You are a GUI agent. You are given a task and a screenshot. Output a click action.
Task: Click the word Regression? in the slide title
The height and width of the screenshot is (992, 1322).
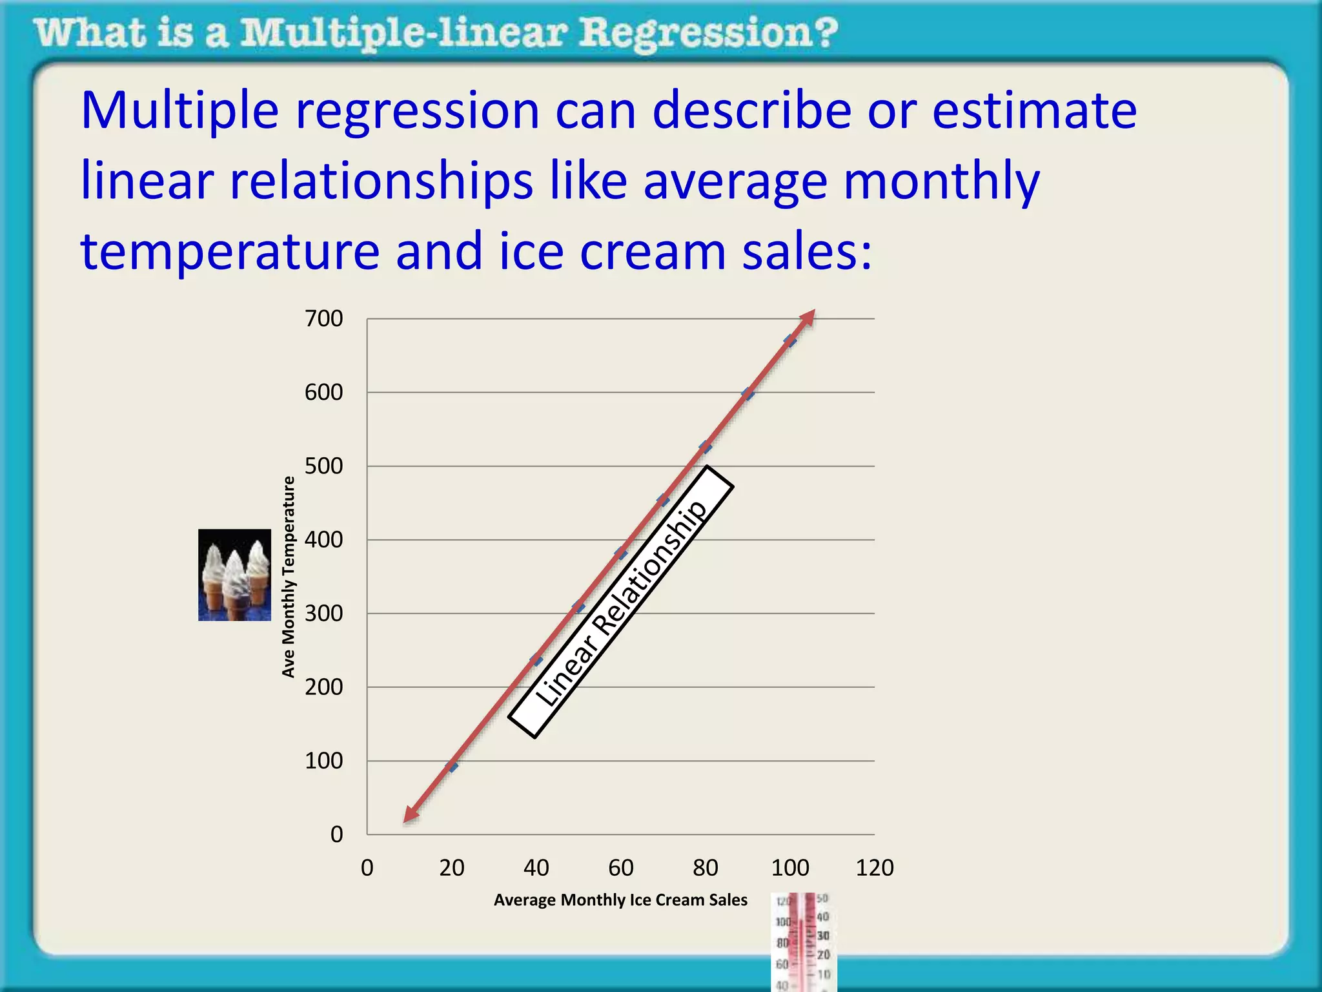pos(707,34)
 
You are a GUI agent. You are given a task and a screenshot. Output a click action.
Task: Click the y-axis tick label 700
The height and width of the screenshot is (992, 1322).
pos(323,318)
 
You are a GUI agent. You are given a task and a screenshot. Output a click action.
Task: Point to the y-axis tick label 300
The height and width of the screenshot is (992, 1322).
pos(323,613)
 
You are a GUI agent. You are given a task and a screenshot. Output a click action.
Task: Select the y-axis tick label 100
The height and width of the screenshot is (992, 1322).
pos(323,761)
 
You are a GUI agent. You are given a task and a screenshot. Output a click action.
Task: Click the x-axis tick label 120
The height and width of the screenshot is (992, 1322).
pos(874,867)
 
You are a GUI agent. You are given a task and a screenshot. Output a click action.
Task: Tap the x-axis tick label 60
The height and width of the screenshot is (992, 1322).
pos(620,867)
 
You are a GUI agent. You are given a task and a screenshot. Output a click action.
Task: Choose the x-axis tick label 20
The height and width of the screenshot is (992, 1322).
pos(451,867)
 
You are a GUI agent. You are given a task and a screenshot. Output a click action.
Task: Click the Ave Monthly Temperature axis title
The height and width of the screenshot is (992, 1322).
pos(289,577)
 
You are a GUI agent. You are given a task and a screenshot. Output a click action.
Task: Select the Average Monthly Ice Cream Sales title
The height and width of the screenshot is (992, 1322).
pos(620,900)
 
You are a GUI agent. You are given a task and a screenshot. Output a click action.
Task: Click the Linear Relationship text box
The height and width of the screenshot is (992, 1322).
pos(621,602)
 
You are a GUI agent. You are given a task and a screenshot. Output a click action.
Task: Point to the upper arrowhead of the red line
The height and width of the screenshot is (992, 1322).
pos(808,317)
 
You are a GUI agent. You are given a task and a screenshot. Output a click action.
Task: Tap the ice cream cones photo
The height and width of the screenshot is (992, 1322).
pos(234,575)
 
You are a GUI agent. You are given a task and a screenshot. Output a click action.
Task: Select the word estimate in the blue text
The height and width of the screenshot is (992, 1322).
pos(1034,111)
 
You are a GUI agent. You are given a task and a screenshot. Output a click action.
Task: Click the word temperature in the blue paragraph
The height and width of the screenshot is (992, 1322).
pos(230,252)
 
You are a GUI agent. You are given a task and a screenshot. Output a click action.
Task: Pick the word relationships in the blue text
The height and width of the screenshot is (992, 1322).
pos(381,181)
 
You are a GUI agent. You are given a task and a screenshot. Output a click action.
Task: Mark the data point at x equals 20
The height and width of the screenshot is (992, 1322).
pos(452,766)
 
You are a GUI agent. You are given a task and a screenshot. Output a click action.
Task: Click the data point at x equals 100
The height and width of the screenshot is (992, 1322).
pos(790,340)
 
